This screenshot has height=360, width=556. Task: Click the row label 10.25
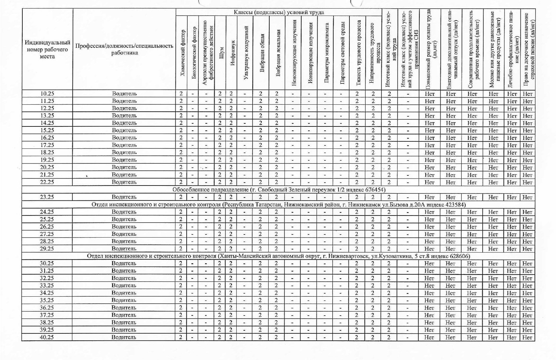pos(47,93)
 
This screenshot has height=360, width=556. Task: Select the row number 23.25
pos(47,197)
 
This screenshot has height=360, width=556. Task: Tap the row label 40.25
pos(47,337)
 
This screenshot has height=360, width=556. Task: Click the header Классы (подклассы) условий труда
pos(278,12)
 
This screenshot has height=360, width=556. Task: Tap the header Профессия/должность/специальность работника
pos(124,49)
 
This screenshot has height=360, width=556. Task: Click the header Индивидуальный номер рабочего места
pos(47,49)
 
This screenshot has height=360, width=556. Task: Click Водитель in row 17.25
pos(124,145)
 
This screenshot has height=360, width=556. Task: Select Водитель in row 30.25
pos(124,263)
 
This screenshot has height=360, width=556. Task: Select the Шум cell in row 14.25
pos(220,123)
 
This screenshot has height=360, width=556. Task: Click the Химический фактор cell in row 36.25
pos(181,308)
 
